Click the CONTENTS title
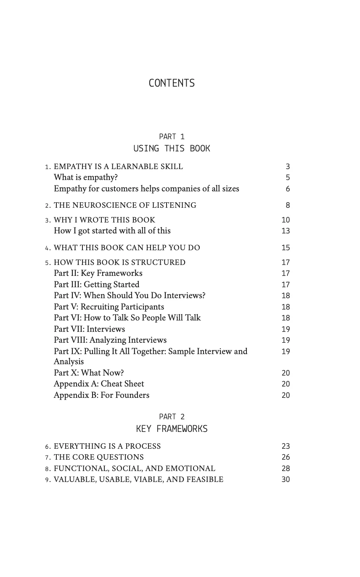(172, 83)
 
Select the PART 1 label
(172, 137)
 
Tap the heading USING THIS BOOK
(172, 148)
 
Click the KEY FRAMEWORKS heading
(172, 429)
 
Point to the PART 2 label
(172, 417)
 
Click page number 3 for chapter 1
(288, 167)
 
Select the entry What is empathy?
(86, 177)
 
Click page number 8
(288, 205)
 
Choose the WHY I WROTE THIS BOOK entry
(104, 220)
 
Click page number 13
(286, 231)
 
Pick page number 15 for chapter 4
(286, 248)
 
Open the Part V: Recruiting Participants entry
(109, 307)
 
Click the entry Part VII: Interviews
(89, 329)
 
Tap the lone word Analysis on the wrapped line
(69, 362)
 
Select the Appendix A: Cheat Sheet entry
(99, 384)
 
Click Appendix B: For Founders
(101, 395)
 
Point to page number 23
(286, 446)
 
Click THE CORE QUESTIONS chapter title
(99, 457)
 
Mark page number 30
(286, 479)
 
